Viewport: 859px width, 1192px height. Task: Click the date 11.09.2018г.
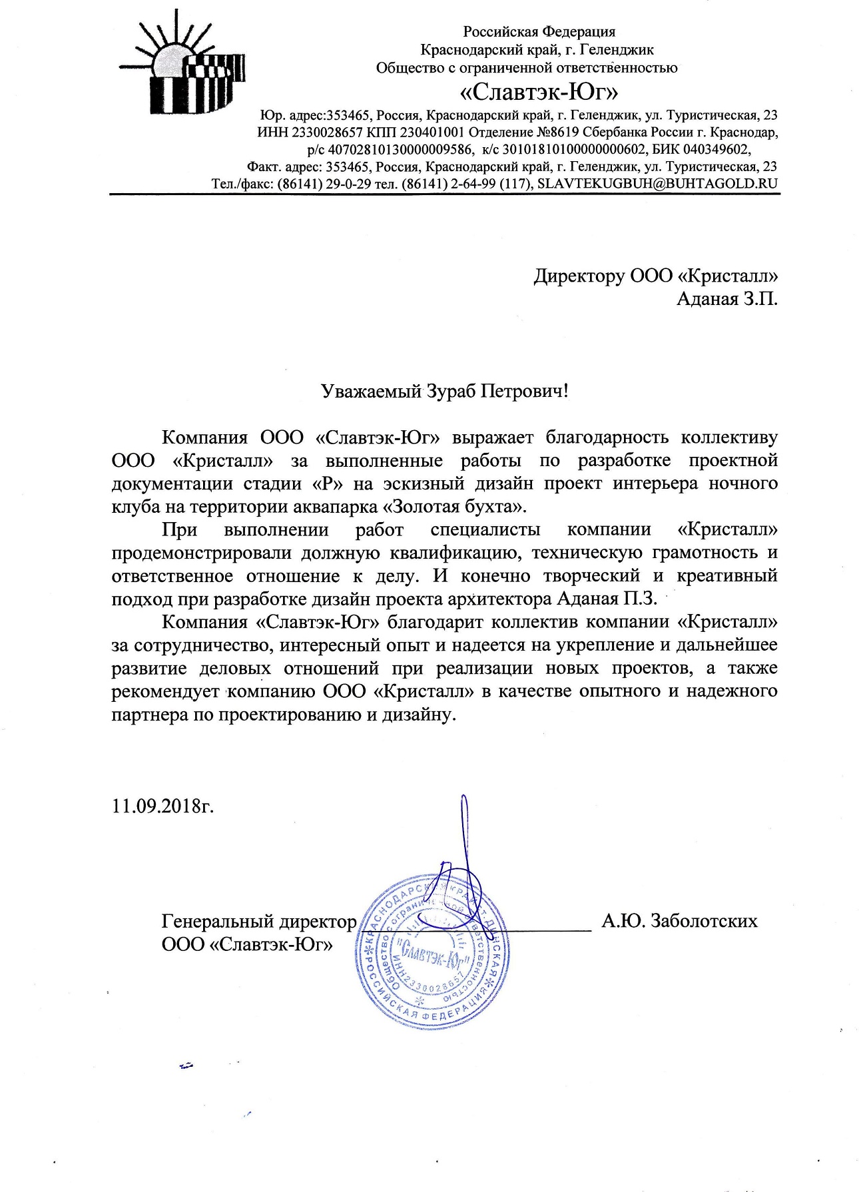click(x=163, y=806)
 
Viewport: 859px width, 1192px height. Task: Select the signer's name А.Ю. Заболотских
click(x=679, y=921)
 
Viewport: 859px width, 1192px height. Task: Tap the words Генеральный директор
click(x=259, y=922)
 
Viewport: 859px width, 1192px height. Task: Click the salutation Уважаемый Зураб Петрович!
click(x=445, y=391)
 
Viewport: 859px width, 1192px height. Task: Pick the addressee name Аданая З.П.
click(x=726, y=298)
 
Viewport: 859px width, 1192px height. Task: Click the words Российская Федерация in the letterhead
click(x=539, y=31)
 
